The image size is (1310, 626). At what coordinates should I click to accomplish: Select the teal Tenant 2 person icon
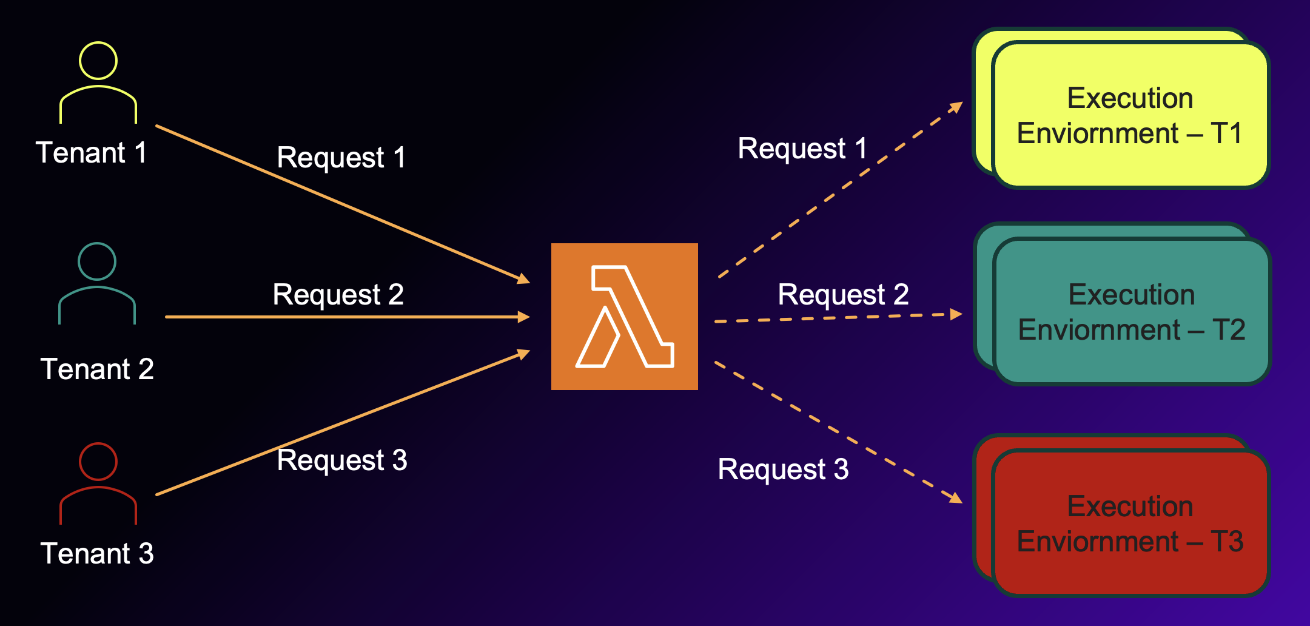(x=97, y=284)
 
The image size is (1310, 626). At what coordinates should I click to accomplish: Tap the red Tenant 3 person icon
(x=98, y=483)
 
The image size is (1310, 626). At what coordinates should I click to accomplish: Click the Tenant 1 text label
(x=92, y=152)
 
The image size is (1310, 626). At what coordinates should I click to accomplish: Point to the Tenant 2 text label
(x=97, y=369)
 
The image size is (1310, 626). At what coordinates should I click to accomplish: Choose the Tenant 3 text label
(x=97, y=553)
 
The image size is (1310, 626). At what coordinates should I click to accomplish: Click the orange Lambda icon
(x=624, y=317)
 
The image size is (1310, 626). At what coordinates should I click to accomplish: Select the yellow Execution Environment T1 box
(x=1130, y=115)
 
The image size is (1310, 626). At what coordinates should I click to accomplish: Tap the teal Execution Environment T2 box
(x=1132, y=312)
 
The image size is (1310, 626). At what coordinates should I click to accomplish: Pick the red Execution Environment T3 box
(x=1130, y=523)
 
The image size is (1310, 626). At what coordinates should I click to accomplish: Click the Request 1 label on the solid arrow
(x=341, y=158)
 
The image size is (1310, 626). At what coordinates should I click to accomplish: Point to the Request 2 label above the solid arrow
(x=338, y=295)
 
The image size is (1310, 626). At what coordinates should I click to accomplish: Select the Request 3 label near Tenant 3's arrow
(x=342, y=460)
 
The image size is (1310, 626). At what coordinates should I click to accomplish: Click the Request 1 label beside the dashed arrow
(x=802, y=149)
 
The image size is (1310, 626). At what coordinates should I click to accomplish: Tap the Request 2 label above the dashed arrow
(x=843, y=295)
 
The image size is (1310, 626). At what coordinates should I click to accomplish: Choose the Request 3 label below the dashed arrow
(x=783, y=469)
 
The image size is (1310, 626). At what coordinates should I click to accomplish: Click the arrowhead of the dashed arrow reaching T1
(x=956, y=107)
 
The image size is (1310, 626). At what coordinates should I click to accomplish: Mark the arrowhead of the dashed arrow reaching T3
(x=956, y=498)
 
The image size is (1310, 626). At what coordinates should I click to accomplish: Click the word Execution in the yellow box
(x=1130, y=98)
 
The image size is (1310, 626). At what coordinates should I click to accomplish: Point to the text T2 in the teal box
(x=1229, y=330)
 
